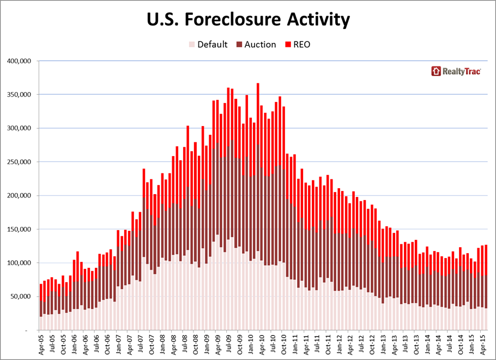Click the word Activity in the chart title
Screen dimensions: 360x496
317,20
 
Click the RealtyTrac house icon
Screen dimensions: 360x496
435,71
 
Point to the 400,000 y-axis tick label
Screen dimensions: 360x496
19,61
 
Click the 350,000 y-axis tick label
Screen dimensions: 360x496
19,95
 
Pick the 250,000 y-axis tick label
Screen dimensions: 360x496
19,162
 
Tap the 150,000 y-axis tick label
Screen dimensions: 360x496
19,229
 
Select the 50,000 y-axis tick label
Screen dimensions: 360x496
21,297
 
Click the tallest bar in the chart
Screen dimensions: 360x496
258,164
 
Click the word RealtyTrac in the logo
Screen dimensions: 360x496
462,71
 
